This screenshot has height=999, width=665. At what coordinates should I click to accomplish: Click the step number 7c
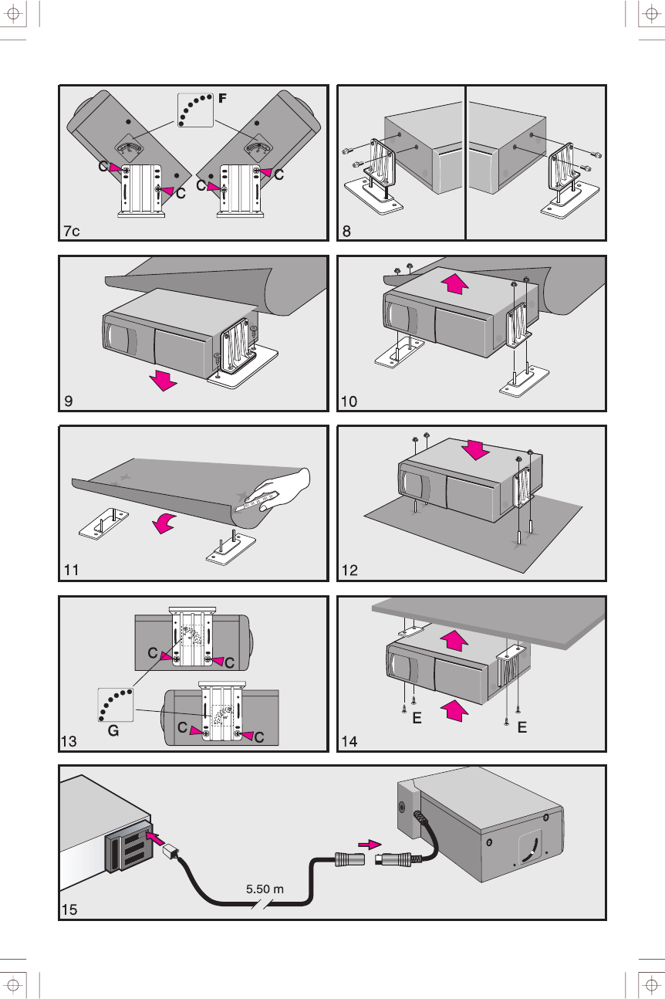point(72,231)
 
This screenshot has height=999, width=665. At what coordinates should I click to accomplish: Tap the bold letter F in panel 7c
point(223,98)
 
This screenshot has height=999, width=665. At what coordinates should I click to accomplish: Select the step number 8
point(347,231)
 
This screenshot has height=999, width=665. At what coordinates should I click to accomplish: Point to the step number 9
point(68,401)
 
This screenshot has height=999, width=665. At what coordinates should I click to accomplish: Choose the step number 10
point(349,401)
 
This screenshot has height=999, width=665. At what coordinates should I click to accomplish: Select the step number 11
point(71,571)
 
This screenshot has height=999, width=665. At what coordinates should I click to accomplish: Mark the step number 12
point(349,571)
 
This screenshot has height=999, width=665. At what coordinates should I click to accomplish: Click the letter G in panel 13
point(113,730)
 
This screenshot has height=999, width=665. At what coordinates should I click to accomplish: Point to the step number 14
point(349,741)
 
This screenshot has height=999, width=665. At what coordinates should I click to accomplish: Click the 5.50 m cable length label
point(265,889)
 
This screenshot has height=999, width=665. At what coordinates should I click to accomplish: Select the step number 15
point(70,910)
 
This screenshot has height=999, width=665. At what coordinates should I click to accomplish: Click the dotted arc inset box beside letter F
point(194,110)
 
